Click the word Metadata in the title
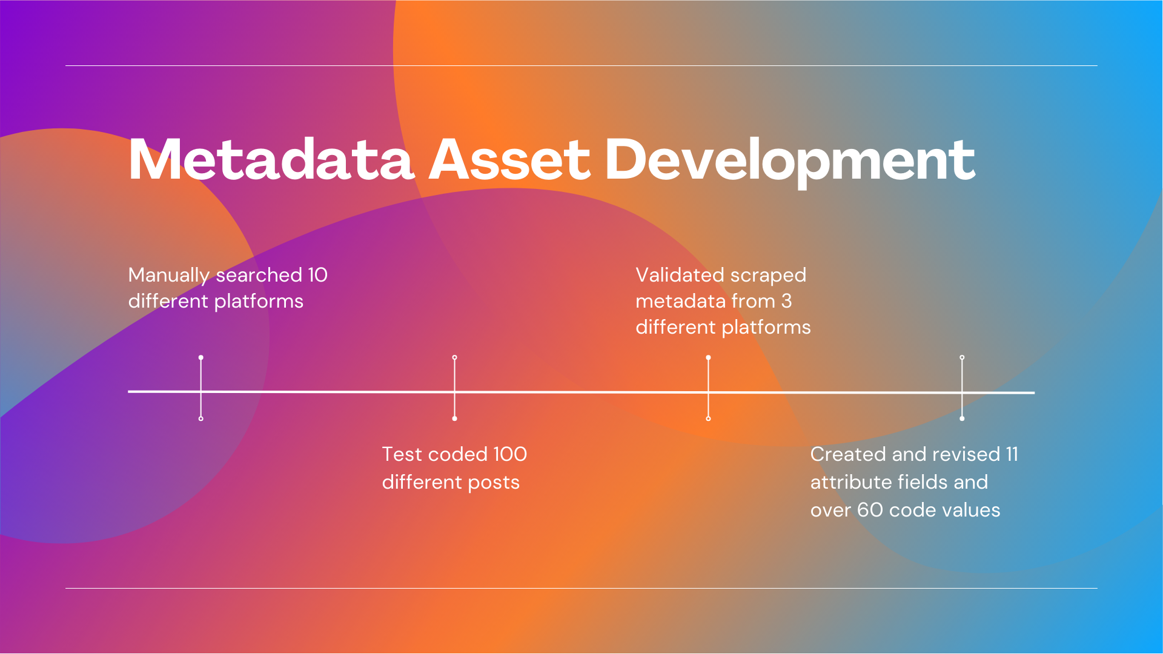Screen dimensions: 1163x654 click(271, 160)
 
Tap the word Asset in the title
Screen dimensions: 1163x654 click(509, 160)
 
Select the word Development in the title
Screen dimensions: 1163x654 click(790, 160)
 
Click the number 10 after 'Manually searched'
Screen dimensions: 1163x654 click(317, 275)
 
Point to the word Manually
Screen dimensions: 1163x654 click(169, 276)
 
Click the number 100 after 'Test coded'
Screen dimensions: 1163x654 click(509, 454)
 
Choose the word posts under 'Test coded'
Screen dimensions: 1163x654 click(494, 483)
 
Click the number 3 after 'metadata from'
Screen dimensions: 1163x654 click(786, 301)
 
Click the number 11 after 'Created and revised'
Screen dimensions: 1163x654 click(1012, 454)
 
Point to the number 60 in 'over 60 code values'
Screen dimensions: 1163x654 click(870, 510)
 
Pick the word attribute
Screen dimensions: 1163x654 click(850, 482)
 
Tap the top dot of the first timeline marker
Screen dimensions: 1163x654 click(201, 358)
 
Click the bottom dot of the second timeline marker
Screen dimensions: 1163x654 click(455, 418)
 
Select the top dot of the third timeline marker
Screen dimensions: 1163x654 click(709, 358)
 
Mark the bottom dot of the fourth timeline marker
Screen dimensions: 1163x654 click(962, 418)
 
